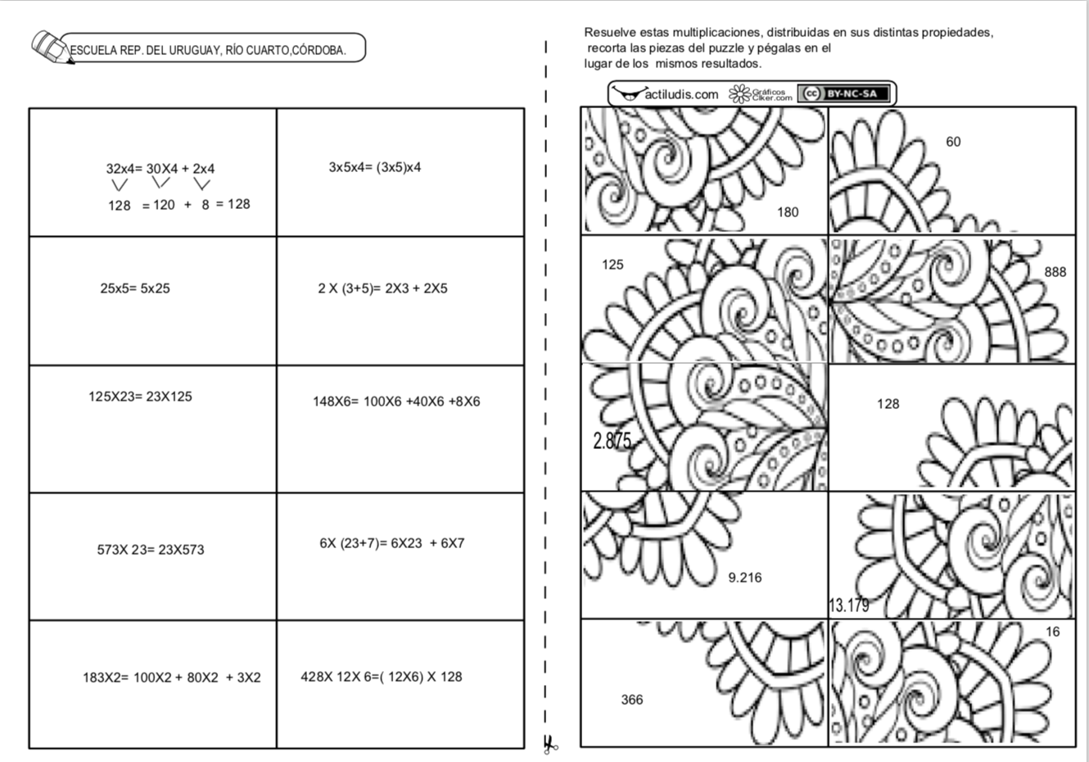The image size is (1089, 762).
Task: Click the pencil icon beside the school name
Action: (x=51, y=48)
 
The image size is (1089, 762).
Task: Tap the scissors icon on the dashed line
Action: (x=549, y=744)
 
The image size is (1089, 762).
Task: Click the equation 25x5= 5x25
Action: (x=135, y=288)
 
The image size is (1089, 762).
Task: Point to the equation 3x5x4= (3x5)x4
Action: (x=375, y=167)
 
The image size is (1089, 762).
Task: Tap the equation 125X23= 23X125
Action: (x=140, y=397)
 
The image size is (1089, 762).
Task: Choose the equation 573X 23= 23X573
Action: (x=151, y=550)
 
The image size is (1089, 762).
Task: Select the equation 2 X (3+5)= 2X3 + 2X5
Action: (x=382, y=288)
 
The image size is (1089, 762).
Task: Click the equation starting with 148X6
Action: (x=396, y=401)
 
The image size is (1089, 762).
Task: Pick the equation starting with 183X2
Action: (x=171, y=678)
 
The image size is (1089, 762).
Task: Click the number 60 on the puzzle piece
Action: (x=953, y=142)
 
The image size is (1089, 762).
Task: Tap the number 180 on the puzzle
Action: (x=788, y=212)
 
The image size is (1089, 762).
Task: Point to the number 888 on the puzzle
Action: (x=1055, y=272)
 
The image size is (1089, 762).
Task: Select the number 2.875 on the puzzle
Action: (x=612, y=441)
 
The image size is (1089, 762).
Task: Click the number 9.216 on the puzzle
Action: (x=745, y=578)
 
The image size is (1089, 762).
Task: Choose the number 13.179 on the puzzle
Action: (x=849, y=606)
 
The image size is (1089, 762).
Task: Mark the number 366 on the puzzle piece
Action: (x=632, y=700)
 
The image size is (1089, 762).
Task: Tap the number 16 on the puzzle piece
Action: (x=1053, y=632)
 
